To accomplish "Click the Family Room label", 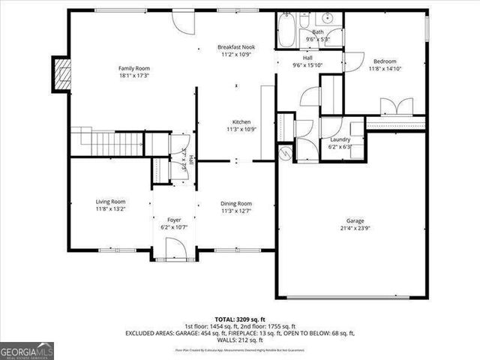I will click(x=132, y=68).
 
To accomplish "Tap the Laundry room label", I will click(x=340, y=139).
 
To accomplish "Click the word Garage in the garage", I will click(x=355, y=221).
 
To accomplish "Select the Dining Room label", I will click(x=235, y=203).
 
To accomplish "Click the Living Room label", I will click(x=110, y=201).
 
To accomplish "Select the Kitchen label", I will click(x=241, y=121).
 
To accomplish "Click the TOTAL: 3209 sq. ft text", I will click(x=240, y=319).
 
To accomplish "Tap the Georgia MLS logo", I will click(x=25, y=350).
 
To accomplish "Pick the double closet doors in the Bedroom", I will click(x=397, y=106).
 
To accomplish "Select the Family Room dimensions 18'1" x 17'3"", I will click(x=132, y=76).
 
